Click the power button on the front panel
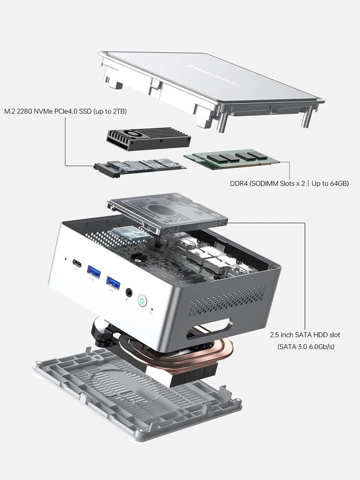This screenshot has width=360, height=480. point(143,300)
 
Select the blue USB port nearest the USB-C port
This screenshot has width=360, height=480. point(94,272)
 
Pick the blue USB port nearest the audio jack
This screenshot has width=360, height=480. point(113,283)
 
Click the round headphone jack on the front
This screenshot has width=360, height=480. point(129,292)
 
